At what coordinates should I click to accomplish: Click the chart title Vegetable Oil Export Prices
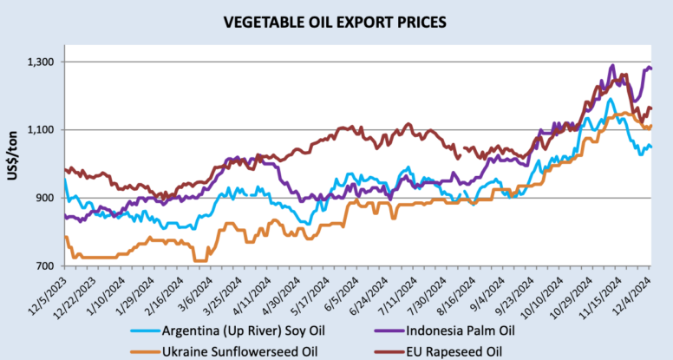[x=336, y=19]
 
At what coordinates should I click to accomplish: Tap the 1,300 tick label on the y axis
[x=42, y=62]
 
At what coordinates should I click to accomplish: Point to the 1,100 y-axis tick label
[x=42, y=130]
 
